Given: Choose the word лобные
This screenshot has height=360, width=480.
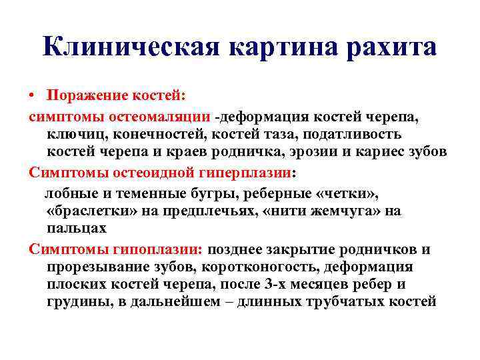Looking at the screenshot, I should pyautogui.click(x=67, y=193).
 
